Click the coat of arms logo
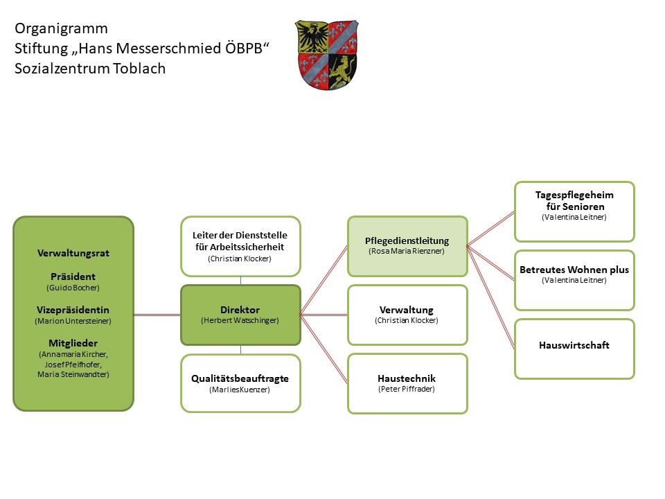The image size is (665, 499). [326, 54]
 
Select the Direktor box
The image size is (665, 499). [240, 315]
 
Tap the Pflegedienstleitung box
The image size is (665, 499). [407, 245]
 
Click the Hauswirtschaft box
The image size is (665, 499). [574, 349]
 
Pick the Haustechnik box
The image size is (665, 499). [407, 383]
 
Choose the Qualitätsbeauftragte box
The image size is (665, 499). [240, 383]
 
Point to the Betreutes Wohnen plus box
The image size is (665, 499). [574, 280]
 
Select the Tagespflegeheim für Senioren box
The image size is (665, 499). [574, 211]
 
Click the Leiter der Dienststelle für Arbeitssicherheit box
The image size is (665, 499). [240, 246]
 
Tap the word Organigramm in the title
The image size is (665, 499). [61, 29]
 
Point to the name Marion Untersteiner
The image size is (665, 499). [73, 321]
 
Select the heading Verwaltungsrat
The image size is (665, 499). [73, 253]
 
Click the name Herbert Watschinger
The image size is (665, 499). [240, 320]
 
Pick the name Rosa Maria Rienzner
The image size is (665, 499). [407, 251]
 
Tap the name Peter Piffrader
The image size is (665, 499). [407, 389]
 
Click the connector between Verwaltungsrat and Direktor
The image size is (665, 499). [157, 315]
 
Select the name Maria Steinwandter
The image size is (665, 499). [73, 374]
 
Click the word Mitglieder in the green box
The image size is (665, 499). [73, 342]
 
